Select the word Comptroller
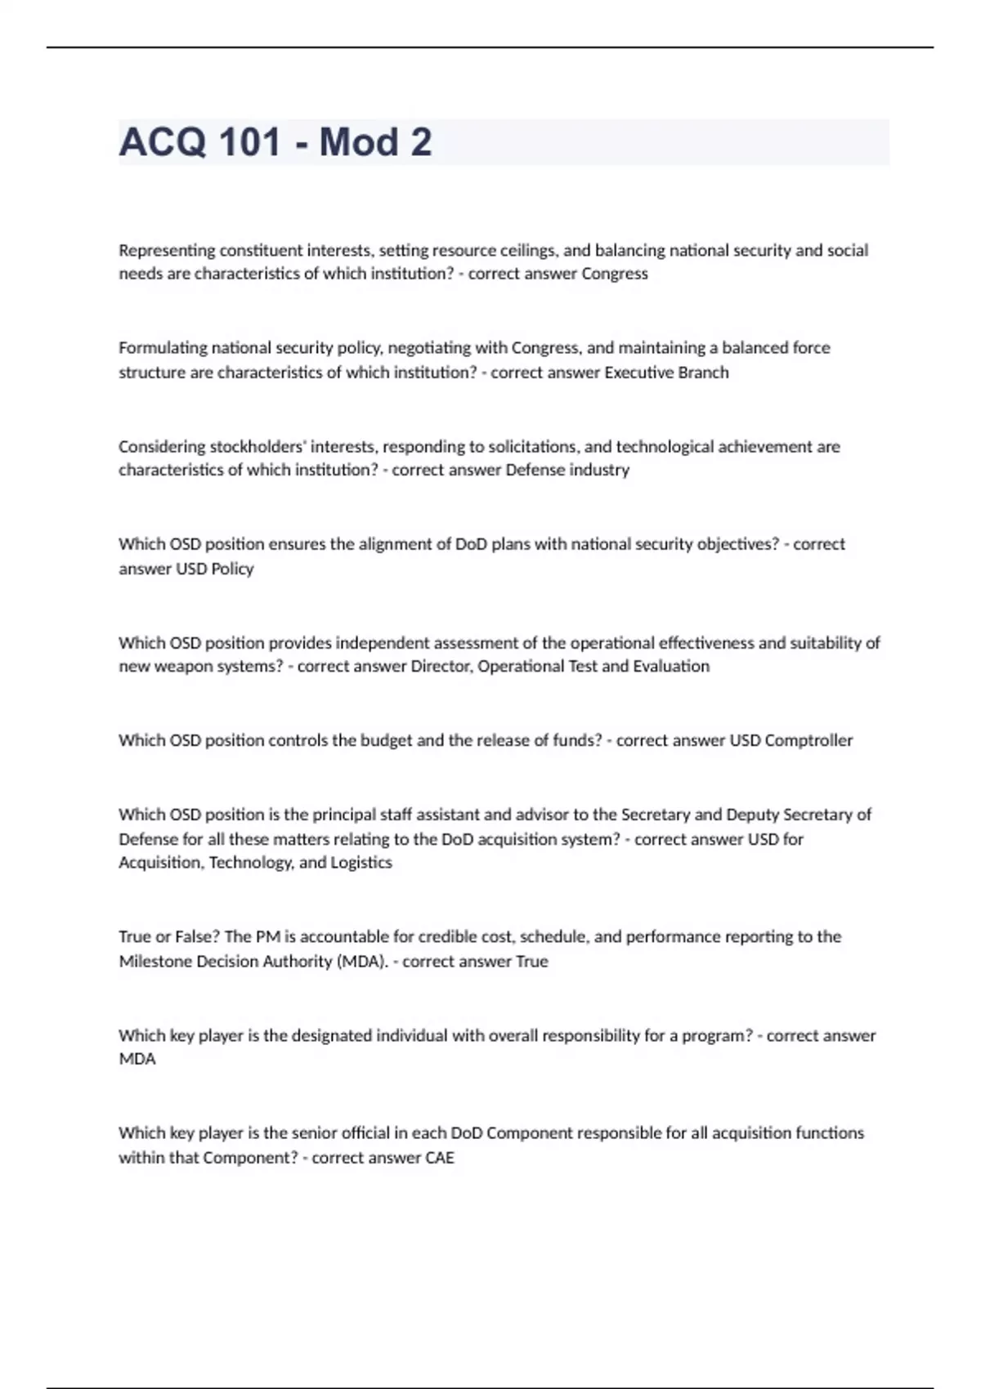click(x=809, y=740)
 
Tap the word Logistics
click(x=361, y=863)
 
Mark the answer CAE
click(x=440, y=1158)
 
